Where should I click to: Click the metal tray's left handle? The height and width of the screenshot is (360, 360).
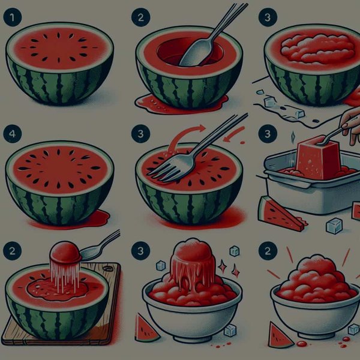(x=262, y=175)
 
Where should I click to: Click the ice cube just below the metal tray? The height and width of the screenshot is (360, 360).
(x=334, y=225)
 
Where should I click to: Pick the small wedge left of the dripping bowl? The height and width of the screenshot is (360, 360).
(x=146, y=327)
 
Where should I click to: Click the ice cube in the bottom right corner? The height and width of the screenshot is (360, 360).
(x=353, y=329)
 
